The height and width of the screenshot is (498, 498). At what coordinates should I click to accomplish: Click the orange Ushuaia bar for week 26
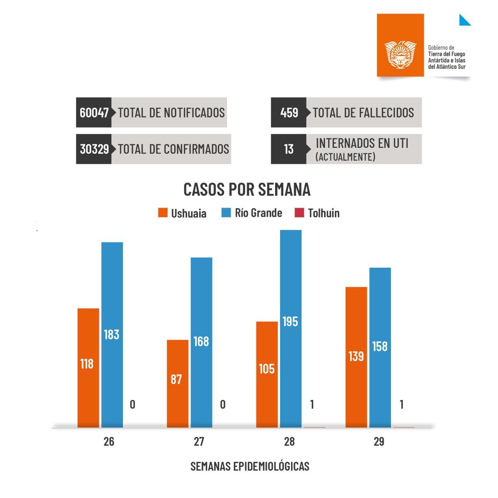coord(88,368)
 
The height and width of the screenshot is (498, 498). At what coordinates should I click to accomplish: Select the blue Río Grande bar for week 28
coord(291,329)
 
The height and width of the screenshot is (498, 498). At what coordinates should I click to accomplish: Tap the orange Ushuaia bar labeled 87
coord(178,383)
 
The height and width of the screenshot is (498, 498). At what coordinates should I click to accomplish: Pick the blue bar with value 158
coord(380,347)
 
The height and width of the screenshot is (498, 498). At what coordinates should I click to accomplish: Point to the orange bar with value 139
coord(356,357)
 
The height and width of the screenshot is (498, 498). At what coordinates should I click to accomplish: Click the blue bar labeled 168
coord(201,342)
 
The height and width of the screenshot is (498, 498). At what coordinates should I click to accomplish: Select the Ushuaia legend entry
coord(182,213)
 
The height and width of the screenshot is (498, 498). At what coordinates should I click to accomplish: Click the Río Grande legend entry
coord(252,213)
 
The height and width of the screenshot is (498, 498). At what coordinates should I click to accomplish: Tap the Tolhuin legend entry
coord(317,213)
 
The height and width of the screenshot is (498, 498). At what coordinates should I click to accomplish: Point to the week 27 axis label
coord(199,442)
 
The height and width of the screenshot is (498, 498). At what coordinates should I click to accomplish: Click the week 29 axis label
coord(379,442)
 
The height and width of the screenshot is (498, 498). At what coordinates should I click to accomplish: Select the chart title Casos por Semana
coord(247,189)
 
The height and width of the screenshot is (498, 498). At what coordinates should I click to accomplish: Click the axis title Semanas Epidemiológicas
coord(250,466)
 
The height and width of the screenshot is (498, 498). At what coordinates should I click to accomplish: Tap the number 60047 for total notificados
coord(94,113)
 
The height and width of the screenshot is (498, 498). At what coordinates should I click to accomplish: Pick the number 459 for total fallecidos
coord(289,113)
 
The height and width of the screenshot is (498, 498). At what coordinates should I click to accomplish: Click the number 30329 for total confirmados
coord(94,149)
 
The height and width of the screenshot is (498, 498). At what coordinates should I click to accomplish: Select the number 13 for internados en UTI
coord(289,149)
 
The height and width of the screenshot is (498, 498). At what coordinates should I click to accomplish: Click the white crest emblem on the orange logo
coord(400,54)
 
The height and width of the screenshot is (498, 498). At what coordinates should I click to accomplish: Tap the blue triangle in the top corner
coord(464,21)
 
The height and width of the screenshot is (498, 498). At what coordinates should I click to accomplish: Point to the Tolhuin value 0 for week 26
coord(132,405)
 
